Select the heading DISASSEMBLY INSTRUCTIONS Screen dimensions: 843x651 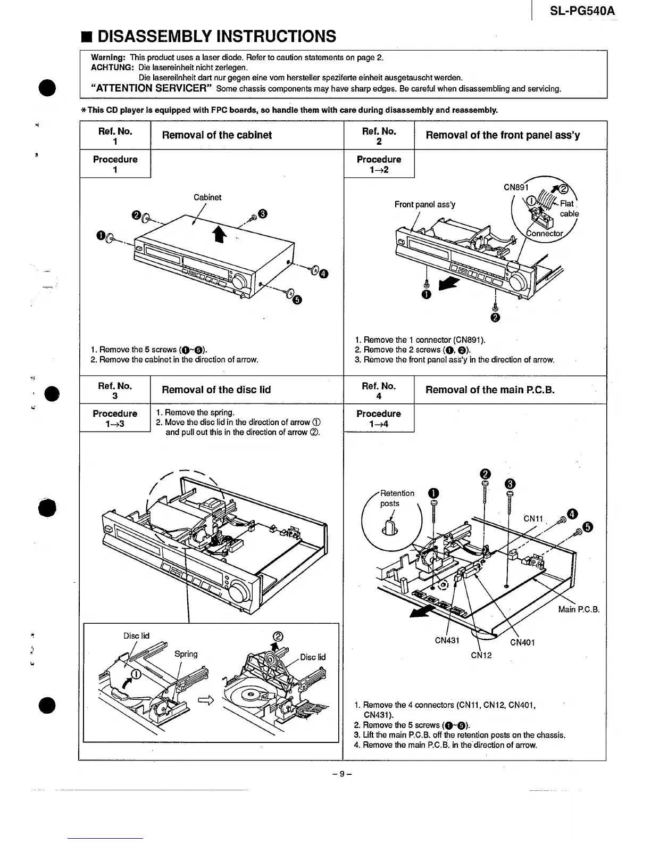[x=216, y=36]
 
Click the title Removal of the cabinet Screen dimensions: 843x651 [x=216, y=135]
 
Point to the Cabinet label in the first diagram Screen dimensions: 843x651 [x=207, y=197]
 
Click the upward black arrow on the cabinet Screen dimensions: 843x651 [x=217, y=233]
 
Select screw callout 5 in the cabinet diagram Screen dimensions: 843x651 [x=297, y=300]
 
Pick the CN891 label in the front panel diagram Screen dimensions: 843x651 [x=514, y=187]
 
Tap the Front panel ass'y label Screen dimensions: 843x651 [x=424, y=204]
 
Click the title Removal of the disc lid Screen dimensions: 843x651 [x=216, y=390]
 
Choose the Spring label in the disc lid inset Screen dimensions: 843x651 [x=186, y=654]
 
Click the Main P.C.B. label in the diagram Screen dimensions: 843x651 [x=579, y=609]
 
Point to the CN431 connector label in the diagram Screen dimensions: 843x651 [x=447, y=641]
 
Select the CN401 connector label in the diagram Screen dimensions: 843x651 [x=522, y=642]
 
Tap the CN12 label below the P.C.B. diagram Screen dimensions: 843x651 [x=481, y=655]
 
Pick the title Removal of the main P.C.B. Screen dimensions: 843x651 [x=490, y=390]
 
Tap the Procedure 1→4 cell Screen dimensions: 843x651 [x=379, y=418]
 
